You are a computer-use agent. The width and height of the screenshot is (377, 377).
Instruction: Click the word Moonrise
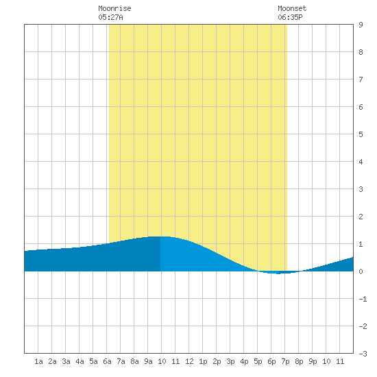[114, 8]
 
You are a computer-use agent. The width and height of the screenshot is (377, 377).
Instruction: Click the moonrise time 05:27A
[110, 17]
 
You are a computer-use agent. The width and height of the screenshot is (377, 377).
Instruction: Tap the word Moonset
[292, 8]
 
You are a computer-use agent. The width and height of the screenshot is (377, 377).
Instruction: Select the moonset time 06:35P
[290, 17]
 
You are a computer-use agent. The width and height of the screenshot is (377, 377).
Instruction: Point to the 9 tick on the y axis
[361, 25]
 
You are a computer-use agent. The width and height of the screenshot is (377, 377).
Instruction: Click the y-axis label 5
[361, 134]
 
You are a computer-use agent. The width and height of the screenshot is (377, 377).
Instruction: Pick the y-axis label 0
[361, 271]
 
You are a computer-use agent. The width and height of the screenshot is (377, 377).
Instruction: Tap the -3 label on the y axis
[363, 354]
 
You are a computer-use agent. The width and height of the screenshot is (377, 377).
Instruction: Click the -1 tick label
[363, 299]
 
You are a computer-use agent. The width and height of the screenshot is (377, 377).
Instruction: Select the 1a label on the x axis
[38, 361]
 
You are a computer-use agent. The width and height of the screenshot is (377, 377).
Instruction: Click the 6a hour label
[107, 361]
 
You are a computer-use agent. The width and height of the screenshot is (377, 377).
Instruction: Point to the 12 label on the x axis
[189, 361]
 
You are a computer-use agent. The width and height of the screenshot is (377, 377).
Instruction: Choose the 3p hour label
[230, 361]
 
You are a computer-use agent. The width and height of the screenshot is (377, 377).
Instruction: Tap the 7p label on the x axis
[285, 361]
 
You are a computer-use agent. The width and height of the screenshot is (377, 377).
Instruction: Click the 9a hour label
[148, 361]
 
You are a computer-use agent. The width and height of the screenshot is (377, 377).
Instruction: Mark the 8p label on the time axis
[299, 361]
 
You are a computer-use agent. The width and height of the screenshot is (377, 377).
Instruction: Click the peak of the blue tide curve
[160, 236]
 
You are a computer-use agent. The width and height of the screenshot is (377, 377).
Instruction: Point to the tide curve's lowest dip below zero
[278, 273]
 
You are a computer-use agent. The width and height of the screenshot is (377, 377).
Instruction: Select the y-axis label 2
[361, 217]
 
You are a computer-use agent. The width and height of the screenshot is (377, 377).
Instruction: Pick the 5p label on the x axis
[258, 361]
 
